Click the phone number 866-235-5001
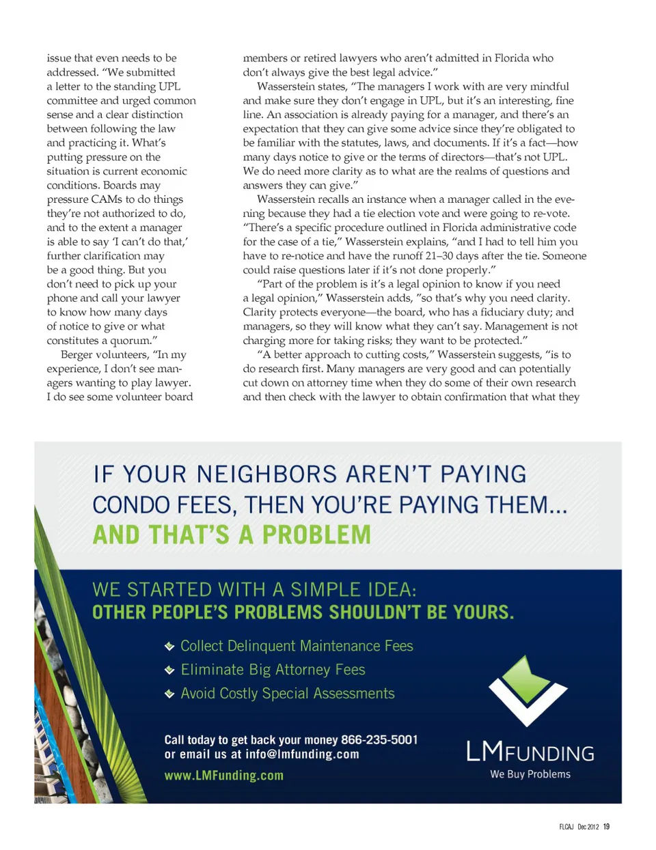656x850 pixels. click(379, 740)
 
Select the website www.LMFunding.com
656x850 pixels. click(224, 776)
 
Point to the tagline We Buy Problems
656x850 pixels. click(530, 774)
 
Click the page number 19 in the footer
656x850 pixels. click(606, 827)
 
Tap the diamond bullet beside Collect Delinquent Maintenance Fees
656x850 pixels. click(169, 647)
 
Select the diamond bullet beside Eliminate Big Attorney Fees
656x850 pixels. click(169, 670)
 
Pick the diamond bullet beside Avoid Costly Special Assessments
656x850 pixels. click(169, 694)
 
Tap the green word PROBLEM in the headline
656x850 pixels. click(316, 535)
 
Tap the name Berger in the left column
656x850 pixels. click(77, 354)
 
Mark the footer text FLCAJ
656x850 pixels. click(566, 827)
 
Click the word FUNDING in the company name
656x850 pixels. click(551, 754)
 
